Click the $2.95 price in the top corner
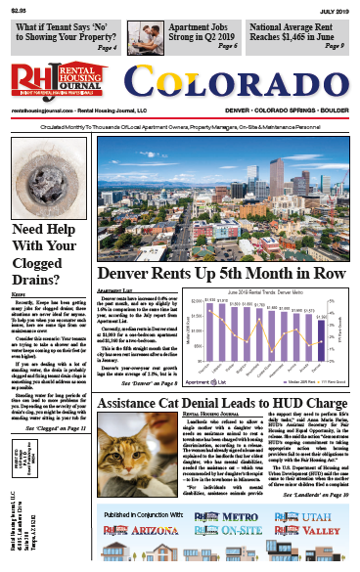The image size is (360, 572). coord(21,9)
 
